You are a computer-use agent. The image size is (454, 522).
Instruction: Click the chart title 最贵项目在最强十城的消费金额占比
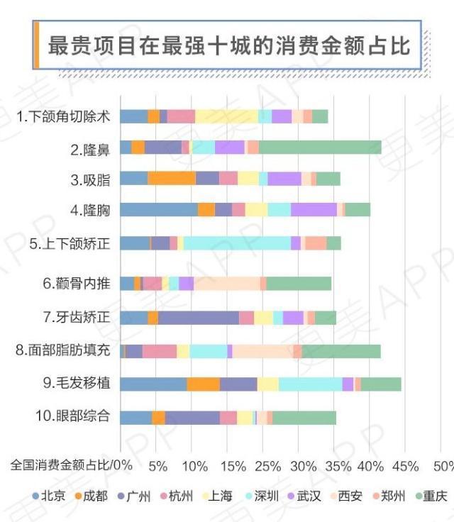229,46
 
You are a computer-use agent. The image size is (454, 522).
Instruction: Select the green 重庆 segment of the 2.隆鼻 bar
320,148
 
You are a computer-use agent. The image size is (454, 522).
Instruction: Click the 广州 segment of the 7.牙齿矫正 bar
199,318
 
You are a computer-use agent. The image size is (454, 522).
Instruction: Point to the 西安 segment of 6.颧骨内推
227,284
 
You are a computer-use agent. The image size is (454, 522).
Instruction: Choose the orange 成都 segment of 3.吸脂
172,179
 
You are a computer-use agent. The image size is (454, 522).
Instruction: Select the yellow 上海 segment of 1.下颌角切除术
226,116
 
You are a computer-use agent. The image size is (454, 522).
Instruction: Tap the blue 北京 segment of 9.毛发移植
153,384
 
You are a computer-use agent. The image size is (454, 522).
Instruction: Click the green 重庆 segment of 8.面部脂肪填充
341,351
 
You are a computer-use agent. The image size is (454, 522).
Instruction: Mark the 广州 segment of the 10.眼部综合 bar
192,418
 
